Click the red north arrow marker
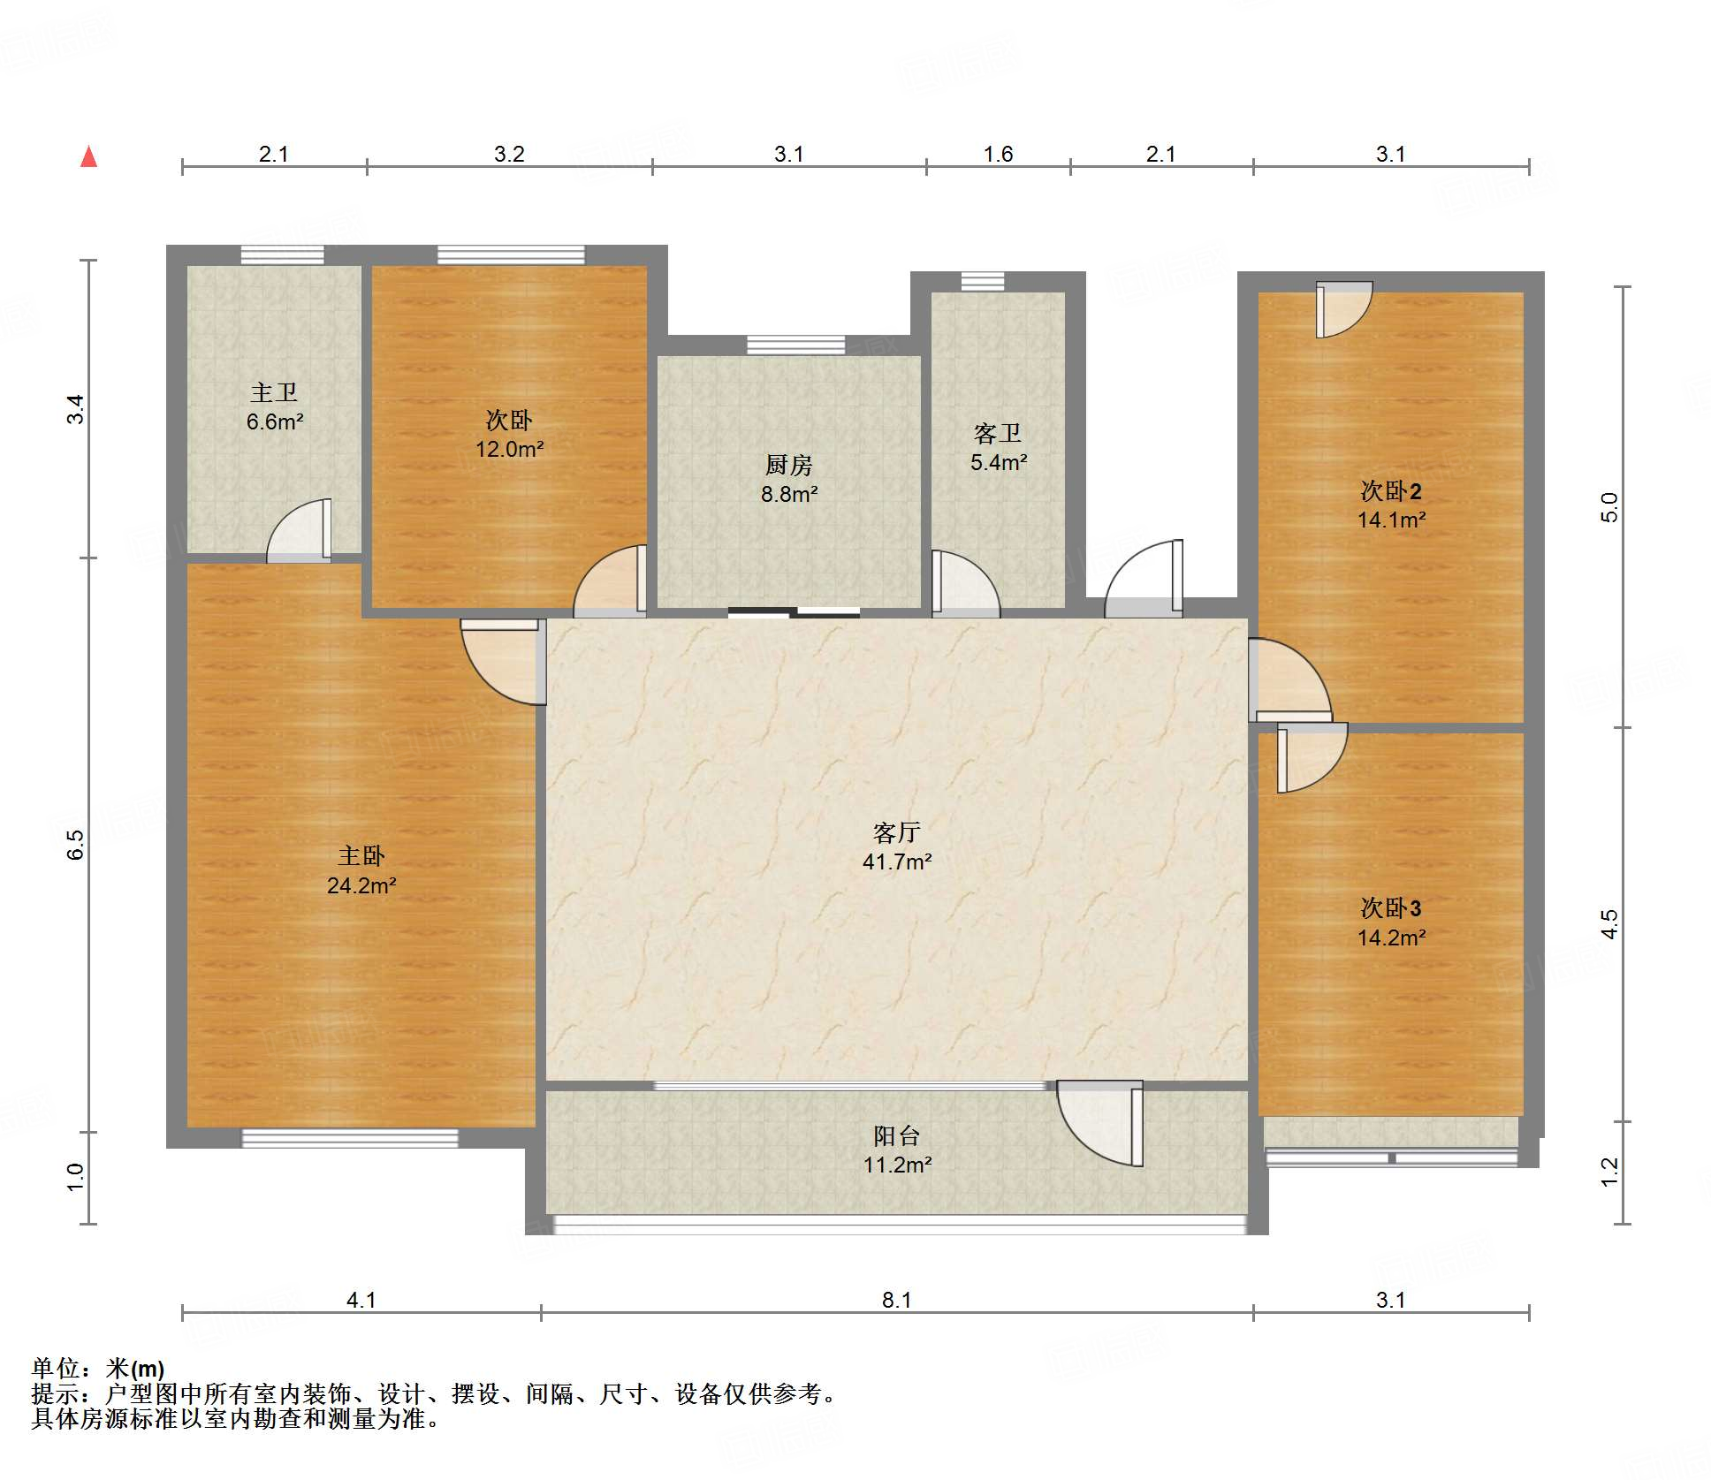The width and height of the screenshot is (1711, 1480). point(88,156)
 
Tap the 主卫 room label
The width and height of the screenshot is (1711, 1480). point(274,391)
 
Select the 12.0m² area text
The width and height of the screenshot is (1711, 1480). point(510,449)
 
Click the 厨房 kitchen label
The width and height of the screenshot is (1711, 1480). point(788,464)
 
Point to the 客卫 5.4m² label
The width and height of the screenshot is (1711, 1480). point(999,447)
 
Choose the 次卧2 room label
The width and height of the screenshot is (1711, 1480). point(1391,490)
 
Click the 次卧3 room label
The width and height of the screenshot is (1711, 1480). point(1391,907)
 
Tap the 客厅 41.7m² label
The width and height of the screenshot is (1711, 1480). point(897,846)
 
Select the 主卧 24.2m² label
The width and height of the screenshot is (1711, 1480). point(361,870)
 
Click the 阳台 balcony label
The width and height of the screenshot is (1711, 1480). point(897,1135)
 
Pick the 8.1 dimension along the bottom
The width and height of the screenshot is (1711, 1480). point(896,1300)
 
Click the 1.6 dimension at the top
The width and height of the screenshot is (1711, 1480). point(999,154)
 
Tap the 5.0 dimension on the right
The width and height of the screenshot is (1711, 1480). point(1609,507)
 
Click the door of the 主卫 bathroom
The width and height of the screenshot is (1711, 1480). point(300,530)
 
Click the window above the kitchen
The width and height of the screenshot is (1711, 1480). point(795,345)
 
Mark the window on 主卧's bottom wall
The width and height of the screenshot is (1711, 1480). point(350,1138)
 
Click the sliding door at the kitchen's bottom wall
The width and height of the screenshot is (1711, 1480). point(794,611)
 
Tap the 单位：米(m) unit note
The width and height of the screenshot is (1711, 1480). point(98,1369)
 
